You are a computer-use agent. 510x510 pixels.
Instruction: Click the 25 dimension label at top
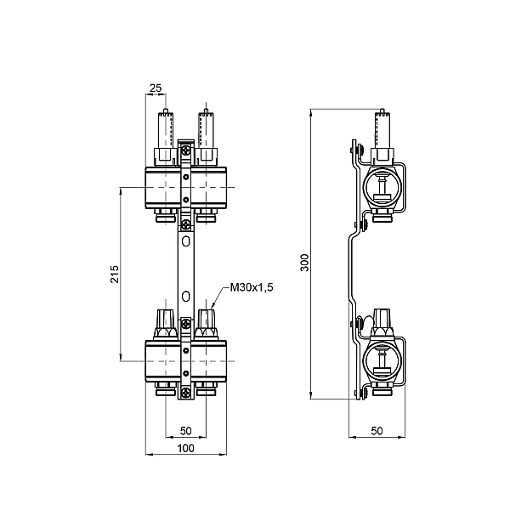[x=156, y=88]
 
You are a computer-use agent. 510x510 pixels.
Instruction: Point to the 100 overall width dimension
[x=186, y=448]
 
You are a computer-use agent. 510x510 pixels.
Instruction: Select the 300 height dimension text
[x=304, y=263]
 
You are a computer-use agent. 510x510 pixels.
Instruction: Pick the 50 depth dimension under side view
[x=377, y=432]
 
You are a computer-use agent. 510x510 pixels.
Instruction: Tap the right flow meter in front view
[x=205, y=136]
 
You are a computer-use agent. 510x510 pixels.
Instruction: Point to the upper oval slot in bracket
[x=186, y=242]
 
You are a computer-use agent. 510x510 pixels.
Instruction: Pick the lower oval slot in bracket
[x=186, y=297]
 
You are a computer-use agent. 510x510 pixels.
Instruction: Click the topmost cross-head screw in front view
[x=186, y=152]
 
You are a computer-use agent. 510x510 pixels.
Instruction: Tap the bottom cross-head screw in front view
[x=186, y=391]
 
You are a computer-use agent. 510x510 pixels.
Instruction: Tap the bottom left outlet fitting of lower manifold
[x=164, y=390]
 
